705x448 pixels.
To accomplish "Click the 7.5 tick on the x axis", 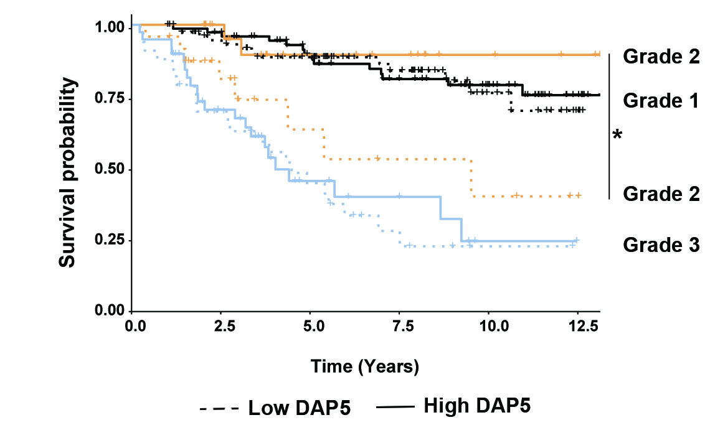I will point(400,325).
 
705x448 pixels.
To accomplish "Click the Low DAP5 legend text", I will point(300,409).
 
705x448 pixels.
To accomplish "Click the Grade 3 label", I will point(661,246).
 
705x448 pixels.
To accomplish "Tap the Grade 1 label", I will point(661,101).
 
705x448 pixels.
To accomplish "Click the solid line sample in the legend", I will point(395,408).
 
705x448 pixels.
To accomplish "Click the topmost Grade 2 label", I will point(661,57).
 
